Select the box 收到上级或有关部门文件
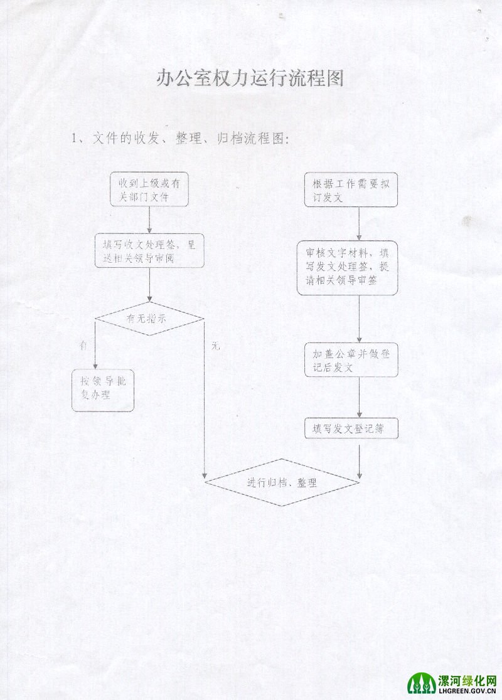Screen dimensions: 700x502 [x=150, y=189]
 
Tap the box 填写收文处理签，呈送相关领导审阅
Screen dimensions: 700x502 [x=150, y=252]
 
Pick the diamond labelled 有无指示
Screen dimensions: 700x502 [x=150, y=319]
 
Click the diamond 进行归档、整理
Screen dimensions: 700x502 [x=282, y=482]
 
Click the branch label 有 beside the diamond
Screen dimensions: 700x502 [x=83, y=345]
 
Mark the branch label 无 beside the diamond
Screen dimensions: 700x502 [x=215, y=345]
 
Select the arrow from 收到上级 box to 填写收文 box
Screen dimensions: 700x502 [x=150, y=220]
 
